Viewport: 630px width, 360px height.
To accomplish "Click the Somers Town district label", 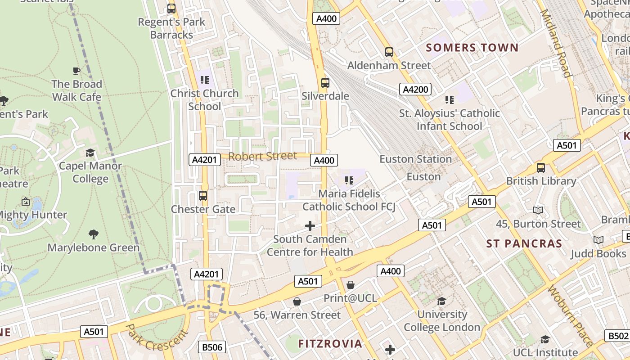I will pyautogui.click(x=472, y=48).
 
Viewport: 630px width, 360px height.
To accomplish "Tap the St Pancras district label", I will pyautogui.click(x=524, y=244).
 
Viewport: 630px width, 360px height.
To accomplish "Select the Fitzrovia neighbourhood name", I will pyautogui.click(x=330, y=344).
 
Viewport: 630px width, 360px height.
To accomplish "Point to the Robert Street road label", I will pyautogui.click(x=263, y=156).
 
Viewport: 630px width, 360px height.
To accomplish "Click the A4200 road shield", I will pyautogui.click(x=415, y=89).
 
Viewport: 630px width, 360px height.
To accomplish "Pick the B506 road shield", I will pyautogui.click(x=211, y=347).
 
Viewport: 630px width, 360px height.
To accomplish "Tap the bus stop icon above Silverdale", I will pyautogui.click(x=325, y=83).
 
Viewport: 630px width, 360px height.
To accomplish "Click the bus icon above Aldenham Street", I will pyautogui.click(x=389, y=52).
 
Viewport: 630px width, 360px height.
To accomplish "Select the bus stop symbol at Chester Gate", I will pyautogui.click(x=203, y=196).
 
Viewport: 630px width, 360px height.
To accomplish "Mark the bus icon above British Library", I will pyautogui.click(x=541, y=168).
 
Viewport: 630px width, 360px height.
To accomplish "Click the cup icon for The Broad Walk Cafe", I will pyautogui.click(x=76, y=71).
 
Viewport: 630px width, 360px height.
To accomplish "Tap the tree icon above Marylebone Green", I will pyautogui.click(x=94, y=234).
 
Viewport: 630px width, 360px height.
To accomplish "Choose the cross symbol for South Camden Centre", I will pyautogui.click(x=310, y=225).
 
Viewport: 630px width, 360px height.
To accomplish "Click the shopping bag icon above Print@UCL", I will pyautogui.click(x=351, y=285).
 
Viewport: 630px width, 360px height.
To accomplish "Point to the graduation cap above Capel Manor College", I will pyautogui.click(x=90, y=153).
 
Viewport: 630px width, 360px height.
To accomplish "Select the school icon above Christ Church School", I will pyautogui.click(x=205, y=80).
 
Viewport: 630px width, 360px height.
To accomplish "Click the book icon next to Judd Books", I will pyautogui.click(x=598, y=240).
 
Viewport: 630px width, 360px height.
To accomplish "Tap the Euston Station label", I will pyautogui.click(x=415, y=159).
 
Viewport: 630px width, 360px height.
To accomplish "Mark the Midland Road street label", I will pyautogui.click(x=556, y=44).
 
